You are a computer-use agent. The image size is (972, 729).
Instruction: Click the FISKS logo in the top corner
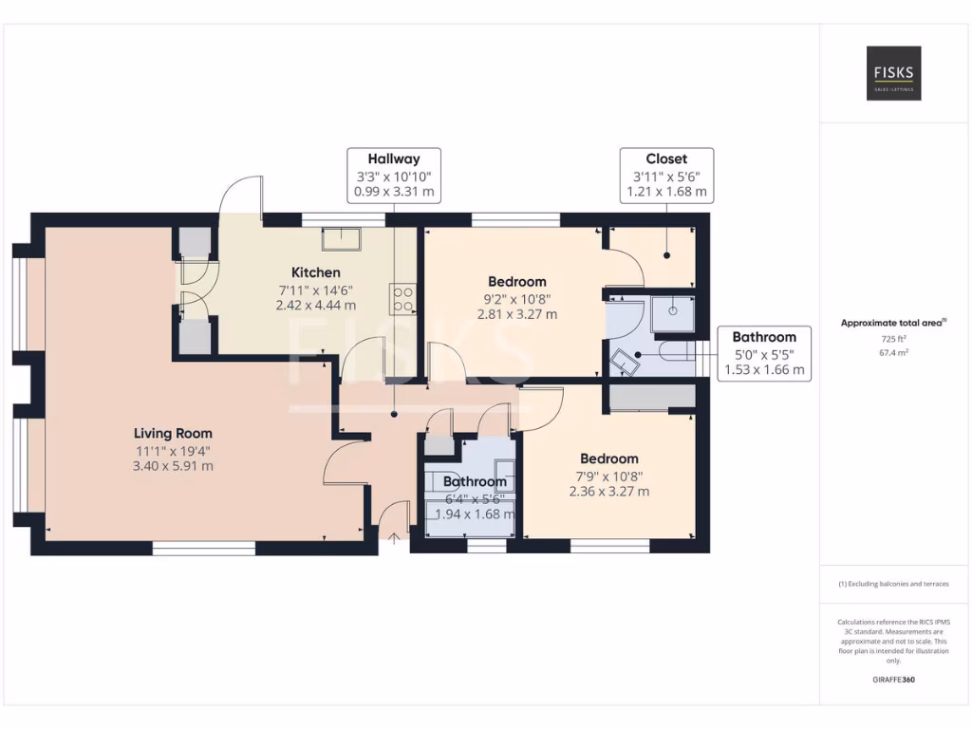click(892, 73)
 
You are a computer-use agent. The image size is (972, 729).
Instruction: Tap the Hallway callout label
click(394, 175)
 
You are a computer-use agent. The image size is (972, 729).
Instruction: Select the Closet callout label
click(666, 175)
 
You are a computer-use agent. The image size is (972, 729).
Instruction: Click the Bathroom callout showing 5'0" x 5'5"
click(764, 353)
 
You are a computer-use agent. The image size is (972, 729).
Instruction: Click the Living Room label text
click(173, 434)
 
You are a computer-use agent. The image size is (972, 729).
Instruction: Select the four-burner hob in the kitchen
click(402, 300)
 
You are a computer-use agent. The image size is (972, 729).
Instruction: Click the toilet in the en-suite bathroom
click(623, 362)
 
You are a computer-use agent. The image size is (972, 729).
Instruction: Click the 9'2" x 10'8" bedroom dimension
click(517, 298)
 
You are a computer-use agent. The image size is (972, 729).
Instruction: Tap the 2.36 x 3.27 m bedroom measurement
click(608, 492)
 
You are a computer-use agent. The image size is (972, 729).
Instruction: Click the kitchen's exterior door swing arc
click(240, 195)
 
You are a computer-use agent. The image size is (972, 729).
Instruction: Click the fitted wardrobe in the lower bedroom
click(651, 398)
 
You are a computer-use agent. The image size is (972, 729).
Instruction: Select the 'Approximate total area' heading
click(891, 323)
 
